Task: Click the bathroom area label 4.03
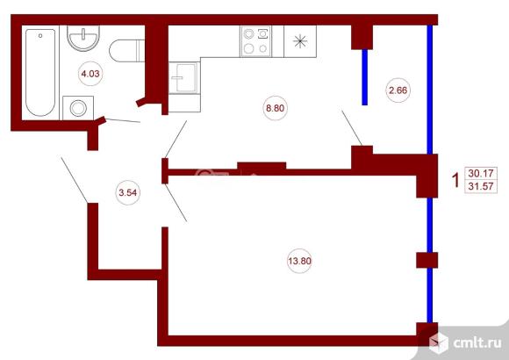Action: coord(90,74)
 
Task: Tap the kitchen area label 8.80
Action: coord(276,108)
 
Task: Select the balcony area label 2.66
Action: coord(398,90)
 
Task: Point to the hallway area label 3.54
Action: coord(128,192)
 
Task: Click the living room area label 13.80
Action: coord(299,261)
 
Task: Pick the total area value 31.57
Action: coord(480,186)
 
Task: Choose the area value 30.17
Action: coord(480,173)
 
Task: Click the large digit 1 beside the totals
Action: coord(456,180)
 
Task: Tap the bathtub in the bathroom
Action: coord(40,73)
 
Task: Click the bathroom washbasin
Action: coord(83,38)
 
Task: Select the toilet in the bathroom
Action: coord(127,50)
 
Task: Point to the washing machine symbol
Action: coord(78,108)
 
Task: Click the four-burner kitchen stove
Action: coord(255,41)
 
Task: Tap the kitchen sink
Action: coord(184,78)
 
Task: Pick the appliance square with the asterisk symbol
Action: coord(300,41)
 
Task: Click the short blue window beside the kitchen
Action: coord(365,77)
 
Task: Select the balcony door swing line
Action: coord(352,127)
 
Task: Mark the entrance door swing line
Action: coord(75,180)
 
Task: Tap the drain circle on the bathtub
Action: coord(40,35)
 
